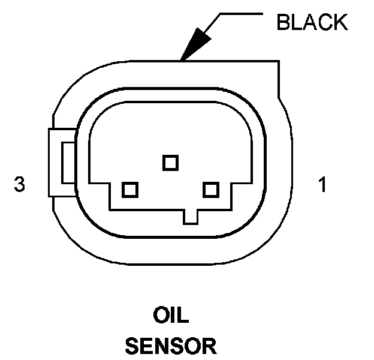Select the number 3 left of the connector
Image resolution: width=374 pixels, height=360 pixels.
pyautogui.click(x=20, y=185)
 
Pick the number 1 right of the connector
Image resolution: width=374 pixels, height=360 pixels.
pyautogui.click(x=322, y=185)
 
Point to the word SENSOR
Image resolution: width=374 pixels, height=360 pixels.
pyautogui.click(x=170, y=346)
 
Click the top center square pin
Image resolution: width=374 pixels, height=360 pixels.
pyautogui.click(x=170, y=162)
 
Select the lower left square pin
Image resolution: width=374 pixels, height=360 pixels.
pyautogui.click(x=129, y=190)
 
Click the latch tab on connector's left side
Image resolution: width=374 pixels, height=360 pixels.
pyautogui.click(x=61, y=162)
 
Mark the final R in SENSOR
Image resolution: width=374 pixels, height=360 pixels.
pyautogui.click(x=208, y=346)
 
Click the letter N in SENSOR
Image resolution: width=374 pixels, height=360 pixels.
pyautogui.click(x=162, y=346)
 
